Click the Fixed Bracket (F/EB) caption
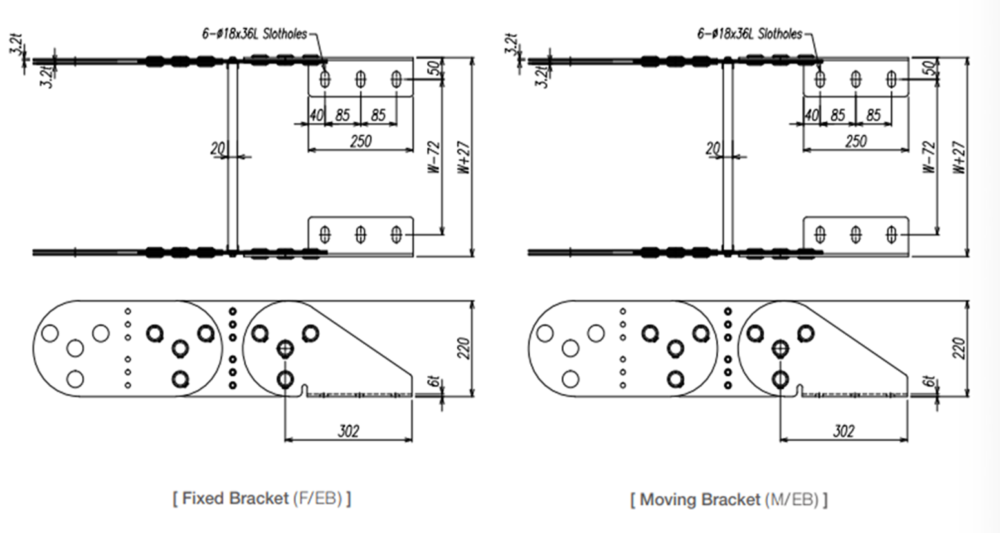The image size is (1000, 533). (x=262, y=499)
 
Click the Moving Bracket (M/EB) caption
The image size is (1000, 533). (x=729, y=499)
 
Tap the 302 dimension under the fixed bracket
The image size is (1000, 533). (x=349, y=431)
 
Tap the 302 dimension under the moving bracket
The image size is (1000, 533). (x=844, y=431)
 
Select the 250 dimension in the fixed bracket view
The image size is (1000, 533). (x=361, y=142)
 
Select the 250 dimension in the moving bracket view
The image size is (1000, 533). (x=856, y=142)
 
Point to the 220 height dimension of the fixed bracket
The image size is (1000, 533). (x=465, y=349)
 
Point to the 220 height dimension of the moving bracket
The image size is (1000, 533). (x=959, y=349)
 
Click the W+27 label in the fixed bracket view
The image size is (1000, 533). (x=465, y=157)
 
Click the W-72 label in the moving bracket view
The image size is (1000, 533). (x=929, y=157)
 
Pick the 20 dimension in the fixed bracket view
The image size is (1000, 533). (x=217, y=149)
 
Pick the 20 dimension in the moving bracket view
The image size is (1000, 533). (x=713, y=149)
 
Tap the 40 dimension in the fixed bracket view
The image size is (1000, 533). (x=316, y=115)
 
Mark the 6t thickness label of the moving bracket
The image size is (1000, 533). (x=930, y=383)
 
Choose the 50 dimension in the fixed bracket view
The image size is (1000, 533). (x=434, y=68)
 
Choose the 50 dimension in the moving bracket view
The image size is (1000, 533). (x=929, y=68)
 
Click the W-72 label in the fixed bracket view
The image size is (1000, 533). (x=434, y=157)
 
